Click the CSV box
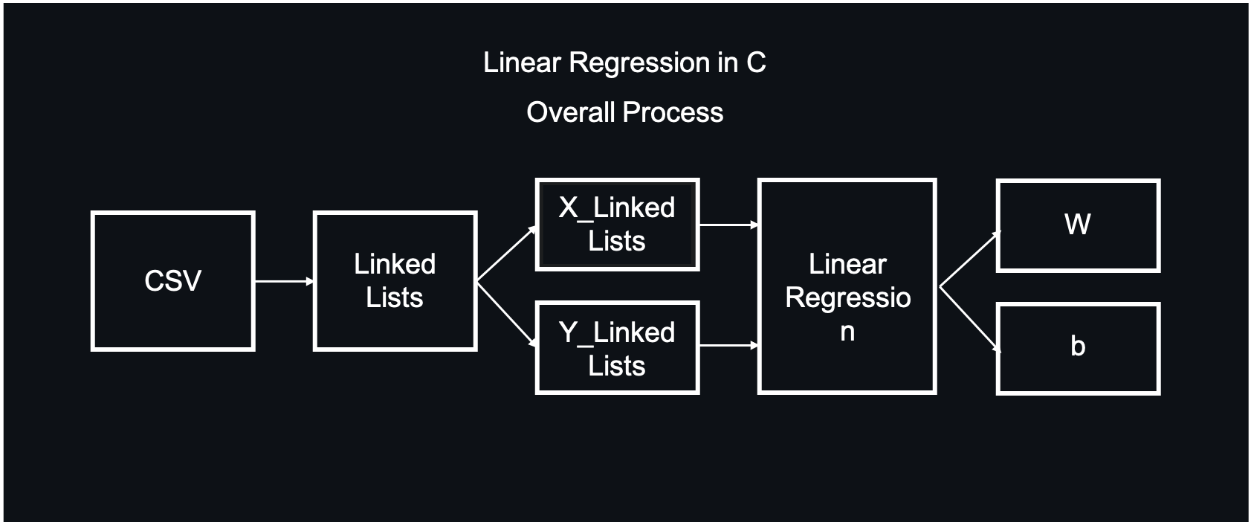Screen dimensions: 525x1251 (172, 281)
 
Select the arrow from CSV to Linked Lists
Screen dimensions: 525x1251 (284, 281)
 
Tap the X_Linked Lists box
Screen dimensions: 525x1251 (617, 224)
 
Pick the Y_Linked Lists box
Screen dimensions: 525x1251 (617, 348)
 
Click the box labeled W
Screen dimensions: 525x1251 (1078, 225)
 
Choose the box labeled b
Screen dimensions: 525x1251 (1078, 348)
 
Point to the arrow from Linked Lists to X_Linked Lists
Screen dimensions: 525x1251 (505, 254)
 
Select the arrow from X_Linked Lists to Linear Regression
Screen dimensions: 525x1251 (728, 224)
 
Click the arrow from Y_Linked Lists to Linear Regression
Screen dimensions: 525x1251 (728, 345)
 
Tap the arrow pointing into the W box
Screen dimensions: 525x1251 (969, 259)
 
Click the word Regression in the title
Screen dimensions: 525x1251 (639, 63)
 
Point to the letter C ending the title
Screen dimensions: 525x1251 (756, 62)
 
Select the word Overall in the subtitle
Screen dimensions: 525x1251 (570, 112)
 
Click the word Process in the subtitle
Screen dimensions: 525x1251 (673, 112)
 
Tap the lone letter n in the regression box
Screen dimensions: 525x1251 (847, 332)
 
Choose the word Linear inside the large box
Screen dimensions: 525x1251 (847, 264)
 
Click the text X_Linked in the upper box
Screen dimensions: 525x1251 (617, 207)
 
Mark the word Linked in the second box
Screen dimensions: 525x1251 (395, 264)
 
